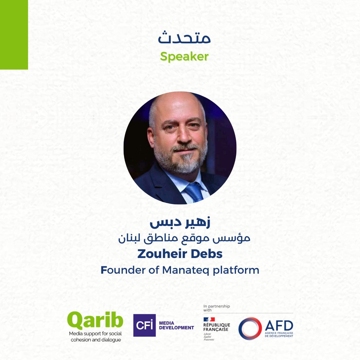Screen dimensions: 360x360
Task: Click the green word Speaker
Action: pos(184,56)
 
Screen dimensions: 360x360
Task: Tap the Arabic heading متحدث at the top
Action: pos(184,37)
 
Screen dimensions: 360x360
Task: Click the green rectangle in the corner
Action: pos(14,35)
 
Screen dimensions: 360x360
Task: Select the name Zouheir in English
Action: pos(162,254)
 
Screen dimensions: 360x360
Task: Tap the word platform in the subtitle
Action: pos(236,270)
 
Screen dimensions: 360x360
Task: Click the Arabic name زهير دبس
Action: pos(180,222)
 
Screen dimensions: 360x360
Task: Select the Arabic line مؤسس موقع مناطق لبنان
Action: pos(184,239)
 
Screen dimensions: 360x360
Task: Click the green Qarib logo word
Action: pos(95,321)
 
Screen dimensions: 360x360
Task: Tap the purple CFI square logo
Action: pos(144,325)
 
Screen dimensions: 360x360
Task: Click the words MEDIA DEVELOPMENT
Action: pos(176,325)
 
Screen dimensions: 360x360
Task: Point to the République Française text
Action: pos(217,327)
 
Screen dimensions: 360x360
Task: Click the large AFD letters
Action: pos(279,325)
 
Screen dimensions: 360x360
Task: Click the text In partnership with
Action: pos(217,308)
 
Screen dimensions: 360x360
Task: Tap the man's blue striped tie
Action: pos(194,192)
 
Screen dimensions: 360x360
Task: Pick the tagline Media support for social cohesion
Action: pos(96,337)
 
